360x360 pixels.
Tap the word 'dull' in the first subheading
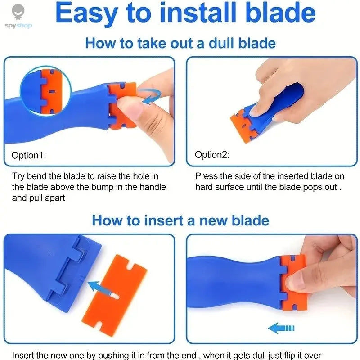pos(216,43)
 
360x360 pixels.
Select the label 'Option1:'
pos(29,155)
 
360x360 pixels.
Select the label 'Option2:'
pos(212,155)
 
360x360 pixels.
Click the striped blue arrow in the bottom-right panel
pos(281,328)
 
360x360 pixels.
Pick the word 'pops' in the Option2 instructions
pos(312,187)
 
